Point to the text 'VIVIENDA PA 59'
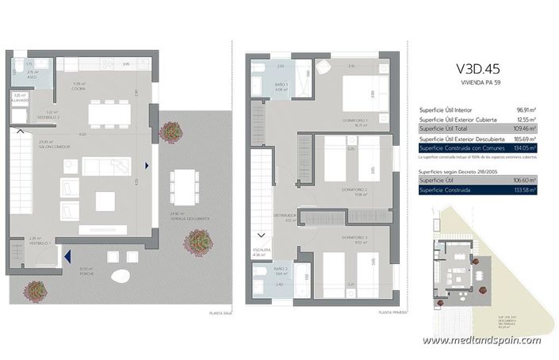tap(478, 82)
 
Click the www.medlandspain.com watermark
tap(481, 340)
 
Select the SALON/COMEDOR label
tap(47, 144)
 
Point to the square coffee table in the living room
tap(105, 201)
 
